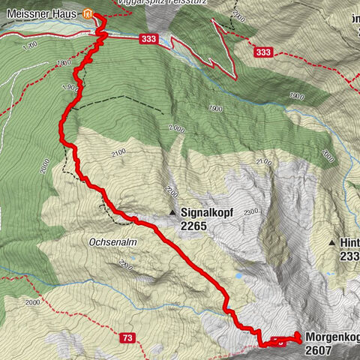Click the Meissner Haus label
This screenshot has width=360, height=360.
pyautogui.click(x=40, y=13)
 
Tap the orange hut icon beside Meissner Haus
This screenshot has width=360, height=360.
pyautogui.click(x=88, y=13)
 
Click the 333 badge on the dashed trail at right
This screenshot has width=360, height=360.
pyautogui.click(x=263, y=52)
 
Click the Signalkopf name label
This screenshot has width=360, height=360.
pyautogui.click(x=207, y=212)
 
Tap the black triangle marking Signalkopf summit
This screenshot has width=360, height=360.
pyautogui.click(x=173, y=212)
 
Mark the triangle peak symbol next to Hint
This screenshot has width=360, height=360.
pyautogui.click(x=331, y=243)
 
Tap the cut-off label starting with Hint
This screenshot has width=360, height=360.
pyautogui.click(x=349, y=243)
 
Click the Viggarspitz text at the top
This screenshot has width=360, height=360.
pyautogui.click(x=142, y=3)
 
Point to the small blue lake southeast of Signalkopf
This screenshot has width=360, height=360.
pyautogui.click(x=238, y=275)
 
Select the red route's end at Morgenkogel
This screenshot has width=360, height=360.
pyautogui.click(x=298, y=336)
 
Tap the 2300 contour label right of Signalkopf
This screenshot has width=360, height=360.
pyautogui.click(x=250, y=211)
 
